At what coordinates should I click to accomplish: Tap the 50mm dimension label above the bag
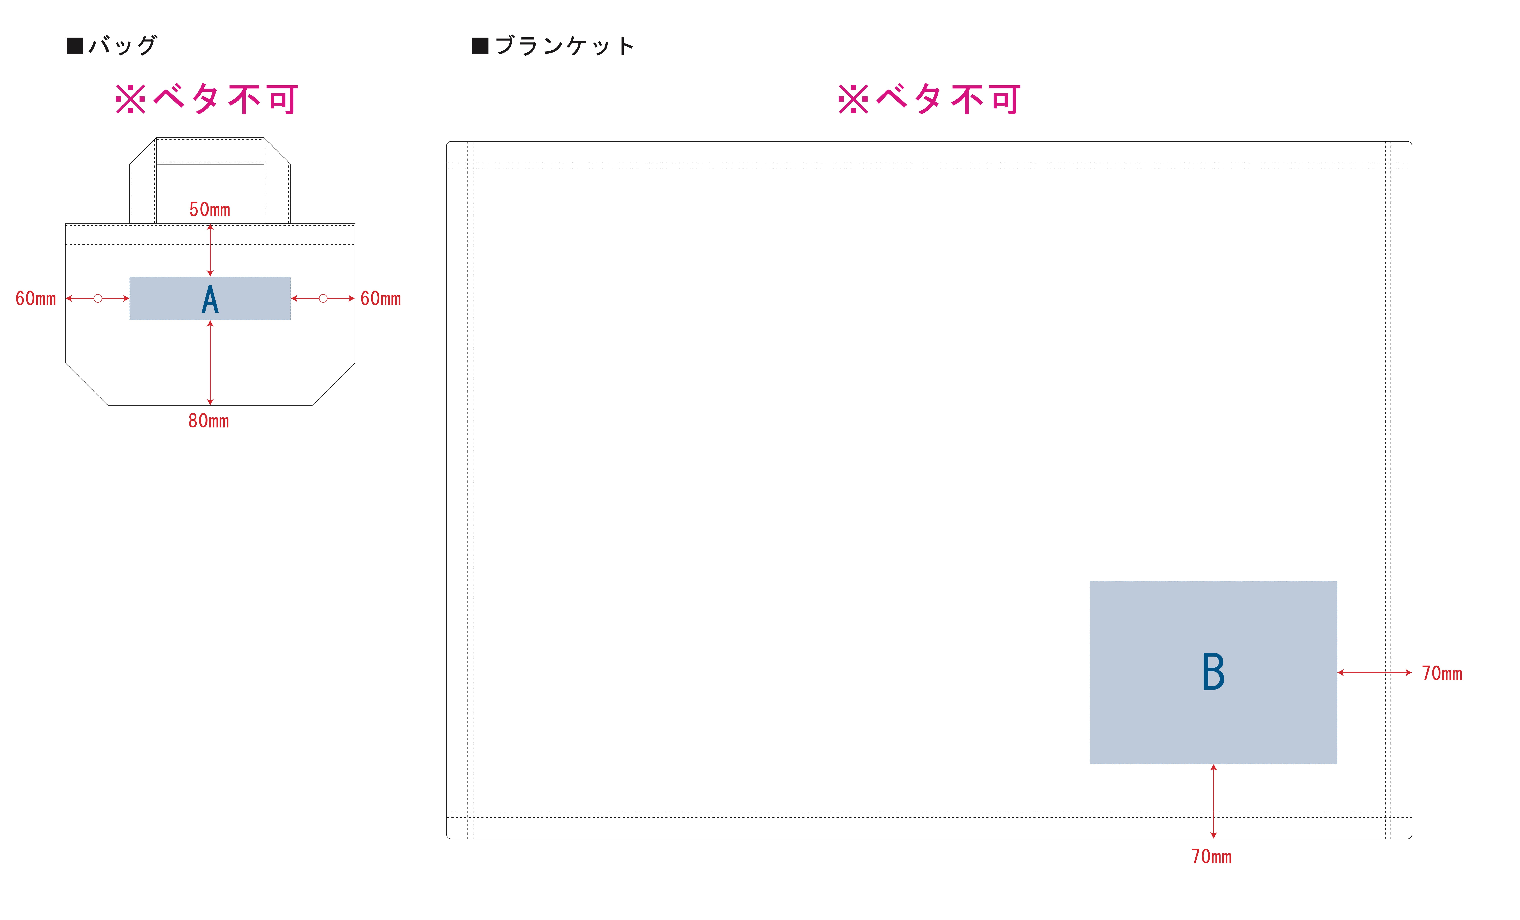[210, 210]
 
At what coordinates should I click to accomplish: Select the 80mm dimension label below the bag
[209, 421]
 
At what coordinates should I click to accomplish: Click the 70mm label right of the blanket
[1442, 674]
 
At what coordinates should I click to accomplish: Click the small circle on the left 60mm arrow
[97, 299]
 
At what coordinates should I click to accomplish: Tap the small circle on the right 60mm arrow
[323, 299]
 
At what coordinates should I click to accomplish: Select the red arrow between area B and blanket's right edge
[1374, 673]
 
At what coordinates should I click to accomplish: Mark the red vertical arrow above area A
[210, 250]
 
